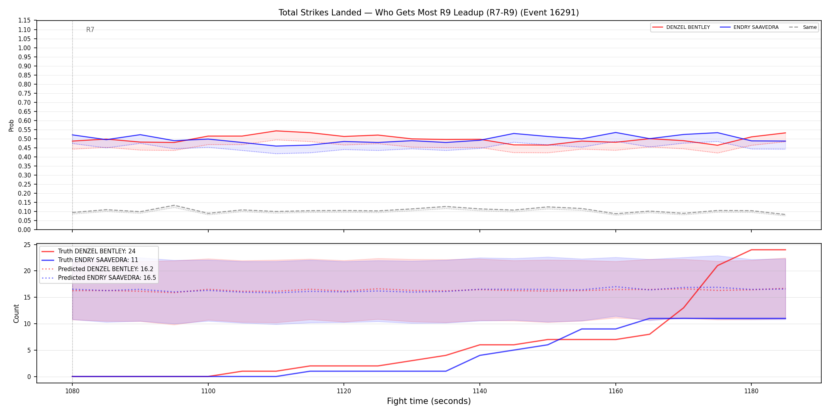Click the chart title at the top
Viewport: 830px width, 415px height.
click(x=428, y=13)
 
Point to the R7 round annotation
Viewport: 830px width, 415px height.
click(x=90, y=30)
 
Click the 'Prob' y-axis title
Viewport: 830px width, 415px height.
click(x=11, y=125)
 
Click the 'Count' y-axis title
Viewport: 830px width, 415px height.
click(x=16, y=313)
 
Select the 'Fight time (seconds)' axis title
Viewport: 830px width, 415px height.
click(x=429, y=401)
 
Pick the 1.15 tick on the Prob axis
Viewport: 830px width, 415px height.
click(x=25, y=21)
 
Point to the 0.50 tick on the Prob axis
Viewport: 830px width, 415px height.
click(x=25, y=139)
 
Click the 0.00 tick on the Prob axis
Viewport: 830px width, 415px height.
click(x=25, y=230)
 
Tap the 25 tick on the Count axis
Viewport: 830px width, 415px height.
click(x=27, y=245)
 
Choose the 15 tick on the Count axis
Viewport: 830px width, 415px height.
click(x=27, y=297)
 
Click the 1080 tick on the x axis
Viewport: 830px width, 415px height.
click(x=72, y=391)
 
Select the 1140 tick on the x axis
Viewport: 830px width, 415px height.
click(x=480, y=391)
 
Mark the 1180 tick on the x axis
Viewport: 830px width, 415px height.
click(x=751, y=391)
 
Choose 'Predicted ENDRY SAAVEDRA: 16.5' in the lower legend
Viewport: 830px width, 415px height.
click(x=107, y=278)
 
